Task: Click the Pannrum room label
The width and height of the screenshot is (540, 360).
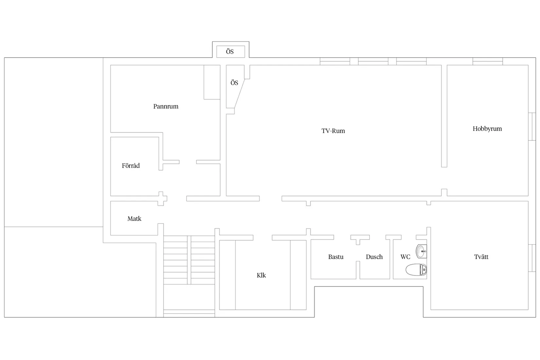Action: (x=166, y=106)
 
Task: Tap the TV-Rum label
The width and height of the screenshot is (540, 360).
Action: (x=333, y=131)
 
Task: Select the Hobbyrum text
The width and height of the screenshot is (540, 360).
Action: (x=487, y=129)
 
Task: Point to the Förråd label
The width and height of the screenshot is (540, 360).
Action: (x=131, y=166)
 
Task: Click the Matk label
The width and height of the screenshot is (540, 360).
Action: (x=134, y=219)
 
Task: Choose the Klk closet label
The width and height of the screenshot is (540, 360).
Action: (x=261, y=275)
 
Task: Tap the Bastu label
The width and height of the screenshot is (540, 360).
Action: (x=336, y=257)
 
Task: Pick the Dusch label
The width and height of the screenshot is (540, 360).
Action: (x=374, y=257)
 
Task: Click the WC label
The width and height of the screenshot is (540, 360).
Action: (x=405, y=257)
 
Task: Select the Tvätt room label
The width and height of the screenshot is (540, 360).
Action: (x=481, y=257)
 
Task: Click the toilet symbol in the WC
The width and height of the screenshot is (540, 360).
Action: (x=416, y=270)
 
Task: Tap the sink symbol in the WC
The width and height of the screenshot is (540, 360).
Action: (x=422, y=251)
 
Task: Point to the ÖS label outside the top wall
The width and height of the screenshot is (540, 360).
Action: (x=230, y=52)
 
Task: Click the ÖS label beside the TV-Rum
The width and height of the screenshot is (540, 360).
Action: (x=234, y=83)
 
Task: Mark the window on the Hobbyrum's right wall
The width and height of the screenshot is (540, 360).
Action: (x=532, y=127)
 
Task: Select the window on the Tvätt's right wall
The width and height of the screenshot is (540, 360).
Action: (x=532, y=258)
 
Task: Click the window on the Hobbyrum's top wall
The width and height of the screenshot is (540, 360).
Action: (x=488, y=61)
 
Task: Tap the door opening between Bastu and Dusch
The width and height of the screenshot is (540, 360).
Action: (x=358, y=253)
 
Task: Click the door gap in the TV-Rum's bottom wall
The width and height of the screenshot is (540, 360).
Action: (x=271, y=199)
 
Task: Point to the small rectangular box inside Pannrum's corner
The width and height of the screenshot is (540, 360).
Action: (x=212, y=82)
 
